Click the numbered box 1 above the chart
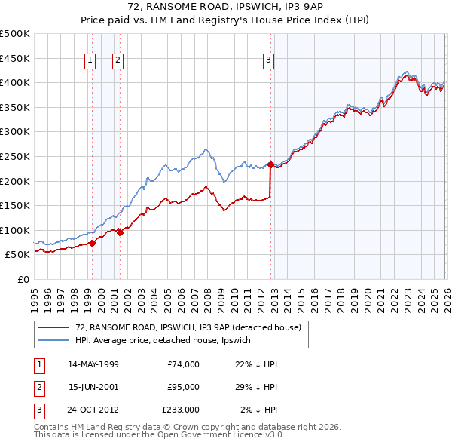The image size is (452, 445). tap(90, 61)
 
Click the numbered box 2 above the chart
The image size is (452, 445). tap(118, 61)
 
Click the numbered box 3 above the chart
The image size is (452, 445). tap(269, 61)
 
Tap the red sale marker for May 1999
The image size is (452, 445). tap(92, 243)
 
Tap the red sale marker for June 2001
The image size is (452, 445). tap(120, 232)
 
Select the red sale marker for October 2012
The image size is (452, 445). tap(270, 164)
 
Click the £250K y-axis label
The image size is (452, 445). tap(15, 156)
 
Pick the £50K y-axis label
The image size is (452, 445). tap(17, 255)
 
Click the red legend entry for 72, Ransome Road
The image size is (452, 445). tap(188, 327)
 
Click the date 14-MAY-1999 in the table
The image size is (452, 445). tap(93, 364)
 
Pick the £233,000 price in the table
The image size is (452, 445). tap(181, 410)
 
